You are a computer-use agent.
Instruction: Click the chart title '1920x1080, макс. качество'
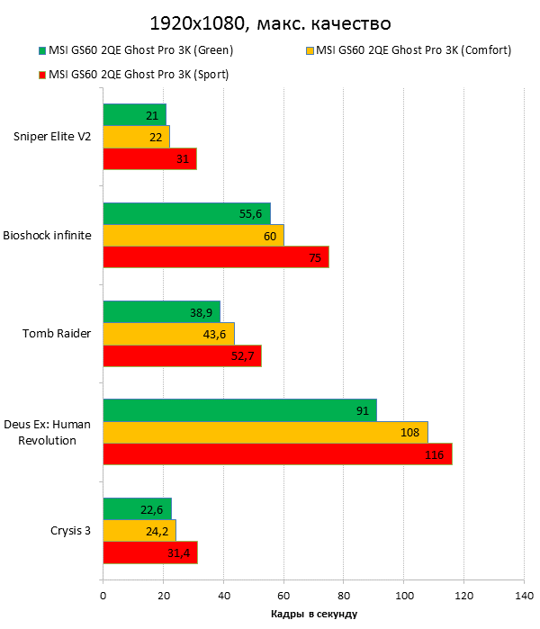[269, 22]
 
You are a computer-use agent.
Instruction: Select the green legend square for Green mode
[41, 50]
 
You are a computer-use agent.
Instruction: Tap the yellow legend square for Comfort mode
[310, 50]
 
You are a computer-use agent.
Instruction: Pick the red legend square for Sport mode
[41, 75]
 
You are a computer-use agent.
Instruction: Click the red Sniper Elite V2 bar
[149, 159]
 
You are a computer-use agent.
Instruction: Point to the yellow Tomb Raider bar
[168, 333]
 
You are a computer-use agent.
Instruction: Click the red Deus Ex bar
[277, 454]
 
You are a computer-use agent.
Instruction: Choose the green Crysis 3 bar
[137, 508]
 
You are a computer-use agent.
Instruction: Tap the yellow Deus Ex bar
[265, 432]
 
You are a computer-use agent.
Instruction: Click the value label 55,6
[251, 213]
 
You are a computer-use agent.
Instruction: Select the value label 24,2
[158, 530]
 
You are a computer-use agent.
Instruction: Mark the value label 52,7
[243, 355]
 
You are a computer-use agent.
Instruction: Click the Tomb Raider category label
[56, 333]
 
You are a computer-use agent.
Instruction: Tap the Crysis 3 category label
[70, 530]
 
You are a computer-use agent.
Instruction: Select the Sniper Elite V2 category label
[51, 137]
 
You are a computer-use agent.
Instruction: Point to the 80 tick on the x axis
[343, 595]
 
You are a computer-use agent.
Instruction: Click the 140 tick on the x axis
[523, 595]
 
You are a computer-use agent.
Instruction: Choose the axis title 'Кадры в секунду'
[313, 614]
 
